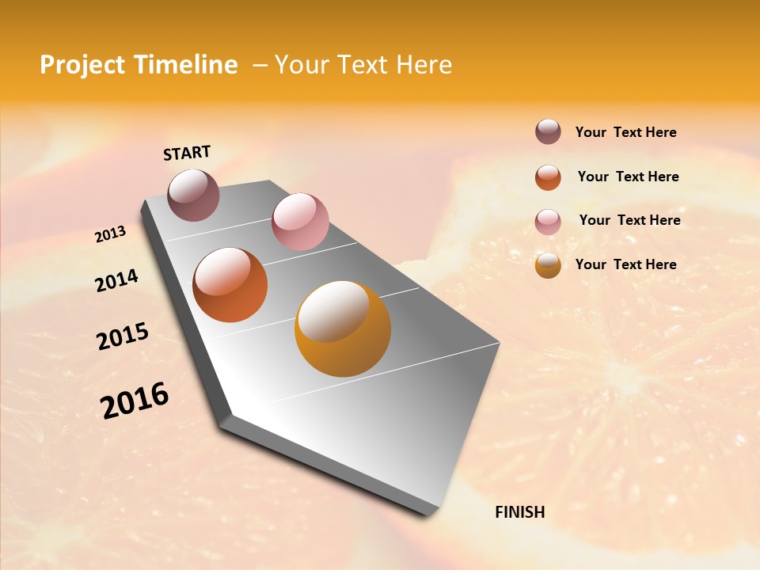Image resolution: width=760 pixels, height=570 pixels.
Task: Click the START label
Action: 187,153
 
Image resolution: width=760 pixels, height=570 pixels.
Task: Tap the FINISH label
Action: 519,512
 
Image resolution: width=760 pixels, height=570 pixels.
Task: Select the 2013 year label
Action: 110,234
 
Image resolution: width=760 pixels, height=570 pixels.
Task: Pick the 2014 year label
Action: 116,280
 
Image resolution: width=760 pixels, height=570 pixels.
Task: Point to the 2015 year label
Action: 123,336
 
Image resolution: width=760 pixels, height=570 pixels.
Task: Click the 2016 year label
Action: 135,401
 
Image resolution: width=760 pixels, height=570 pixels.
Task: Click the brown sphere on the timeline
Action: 193,195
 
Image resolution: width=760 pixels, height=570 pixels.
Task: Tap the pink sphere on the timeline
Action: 300,222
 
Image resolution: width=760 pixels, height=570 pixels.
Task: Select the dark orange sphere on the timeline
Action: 230,285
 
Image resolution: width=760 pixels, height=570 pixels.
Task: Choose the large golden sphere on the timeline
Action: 342,329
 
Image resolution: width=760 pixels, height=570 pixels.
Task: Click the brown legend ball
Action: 548,132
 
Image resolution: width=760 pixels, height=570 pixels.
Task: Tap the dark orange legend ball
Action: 548,177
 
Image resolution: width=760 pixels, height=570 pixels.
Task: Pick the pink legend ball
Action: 548,222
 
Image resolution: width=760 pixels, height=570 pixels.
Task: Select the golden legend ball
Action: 548,266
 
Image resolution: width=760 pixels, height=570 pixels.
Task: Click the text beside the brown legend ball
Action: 625,132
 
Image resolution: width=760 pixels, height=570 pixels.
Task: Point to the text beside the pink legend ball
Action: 629,220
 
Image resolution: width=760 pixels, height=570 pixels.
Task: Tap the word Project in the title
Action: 82,65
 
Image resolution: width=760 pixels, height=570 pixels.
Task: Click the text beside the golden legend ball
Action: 625,264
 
